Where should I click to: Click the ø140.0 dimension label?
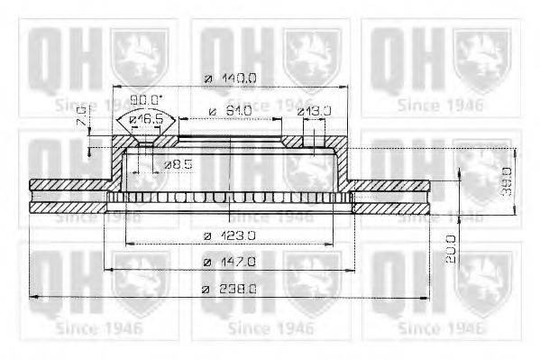tap(231, 78)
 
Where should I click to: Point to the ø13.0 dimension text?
tap(315, 111)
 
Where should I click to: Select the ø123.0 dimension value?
tap(231, 236)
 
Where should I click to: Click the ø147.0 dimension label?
tap(231, 262)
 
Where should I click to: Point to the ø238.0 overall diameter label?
tap(231, 289)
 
